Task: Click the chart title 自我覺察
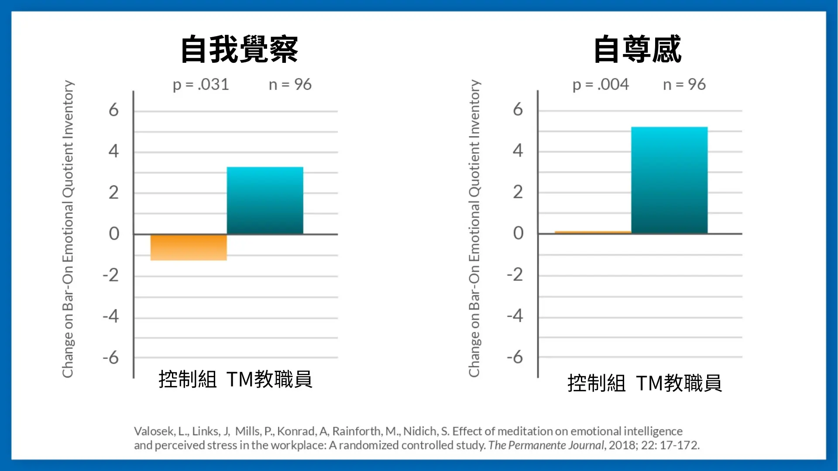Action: (239, 49)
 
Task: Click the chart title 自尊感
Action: (638, 49)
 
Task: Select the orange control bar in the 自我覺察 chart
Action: (189, 247)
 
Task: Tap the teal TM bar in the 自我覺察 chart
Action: (265, 201)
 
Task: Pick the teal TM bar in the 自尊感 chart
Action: (669, 180)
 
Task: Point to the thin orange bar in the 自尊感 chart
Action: (593, 232)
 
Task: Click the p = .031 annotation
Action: (201, 85)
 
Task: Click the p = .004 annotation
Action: (601, 85)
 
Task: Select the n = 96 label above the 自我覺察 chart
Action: (290, 85)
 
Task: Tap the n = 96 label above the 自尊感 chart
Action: (684, 85)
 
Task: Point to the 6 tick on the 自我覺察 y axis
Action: (113, 110)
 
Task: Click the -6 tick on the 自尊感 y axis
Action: (515, 357)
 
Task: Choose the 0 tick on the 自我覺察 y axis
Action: (114, 234)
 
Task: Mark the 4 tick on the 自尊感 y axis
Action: (518, 151)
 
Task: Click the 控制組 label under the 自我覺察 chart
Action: (188, 379)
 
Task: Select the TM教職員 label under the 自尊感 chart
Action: (679, 383)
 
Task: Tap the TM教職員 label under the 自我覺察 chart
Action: (269, 379)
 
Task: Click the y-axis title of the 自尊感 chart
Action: (474, 228)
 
